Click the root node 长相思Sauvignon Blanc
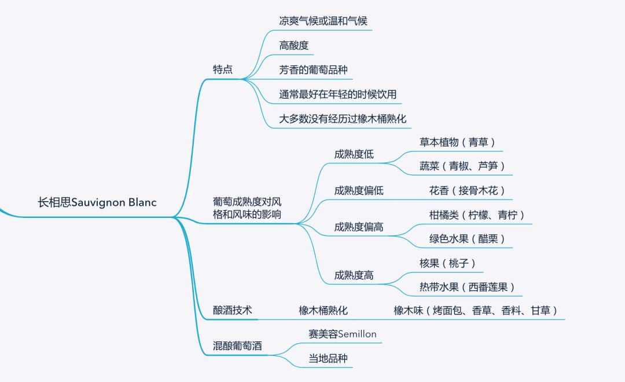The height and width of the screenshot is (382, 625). click(97, 203)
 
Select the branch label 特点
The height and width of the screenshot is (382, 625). click(223, 70)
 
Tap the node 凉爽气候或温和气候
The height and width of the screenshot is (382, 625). click(323, 21)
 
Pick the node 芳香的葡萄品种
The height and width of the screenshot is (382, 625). click(313, 70)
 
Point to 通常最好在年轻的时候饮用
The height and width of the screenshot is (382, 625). click(338, 94)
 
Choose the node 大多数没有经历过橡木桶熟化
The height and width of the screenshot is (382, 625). click(343, 119)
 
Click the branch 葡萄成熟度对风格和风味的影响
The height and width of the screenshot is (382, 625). click(247, 208)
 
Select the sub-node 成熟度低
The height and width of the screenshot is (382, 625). click(354, 154)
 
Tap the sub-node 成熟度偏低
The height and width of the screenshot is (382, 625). click(358, 190)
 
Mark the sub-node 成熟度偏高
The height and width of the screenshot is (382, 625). click(358, 227)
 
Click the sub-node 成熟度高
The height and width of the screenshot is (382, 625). click(354, 275)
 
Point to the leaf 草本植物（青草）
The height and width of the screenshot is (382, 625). click(458, 142)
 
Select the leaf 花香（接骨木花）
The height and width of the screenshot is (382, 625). click(467, 190)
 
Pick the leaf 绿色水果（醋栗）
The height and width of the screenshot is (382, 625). click(467, 239)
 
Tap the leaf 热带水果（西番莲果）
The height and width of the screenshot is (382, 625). click(467, 287)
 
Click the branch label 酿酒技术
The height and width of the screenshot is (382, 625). click(233, 310)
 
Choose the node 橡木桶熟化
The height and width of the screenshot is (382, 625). click(323, 310)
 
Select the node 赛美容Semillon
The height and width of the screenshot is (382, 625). click(343, 334)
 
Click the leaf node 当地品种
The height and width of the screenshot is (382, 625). click(328, 358)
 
